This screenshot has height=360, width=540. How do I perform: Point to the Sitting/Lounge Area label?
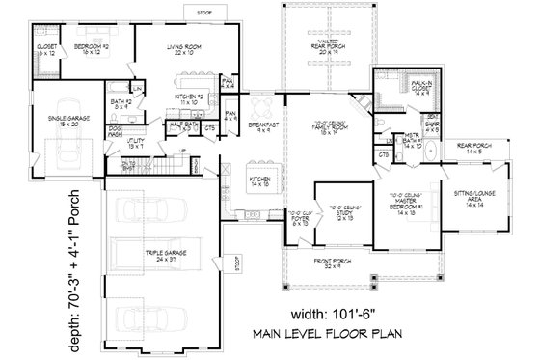click(472, 198)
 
